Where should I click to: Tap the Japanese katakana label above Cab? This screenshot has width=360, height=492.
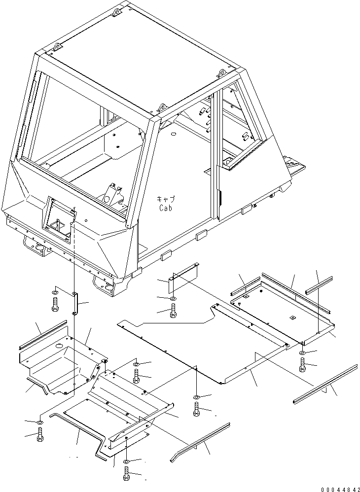(166, 199)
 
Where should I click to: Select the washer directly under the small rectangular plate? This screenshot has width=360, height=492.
(173, 299)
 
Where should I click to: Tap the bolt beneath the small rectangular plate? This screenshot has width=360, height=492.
(173, 311)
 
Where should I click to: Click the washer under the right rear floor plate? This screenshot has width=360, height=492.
(302, 353)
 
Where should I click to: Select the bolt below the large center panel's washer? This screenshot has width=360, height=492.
(197, 409)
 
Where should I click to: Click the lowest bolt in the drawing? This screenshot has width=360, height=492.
(126, 474)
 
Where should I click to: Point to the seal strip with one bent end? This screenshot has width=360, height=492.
(200, 441)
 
